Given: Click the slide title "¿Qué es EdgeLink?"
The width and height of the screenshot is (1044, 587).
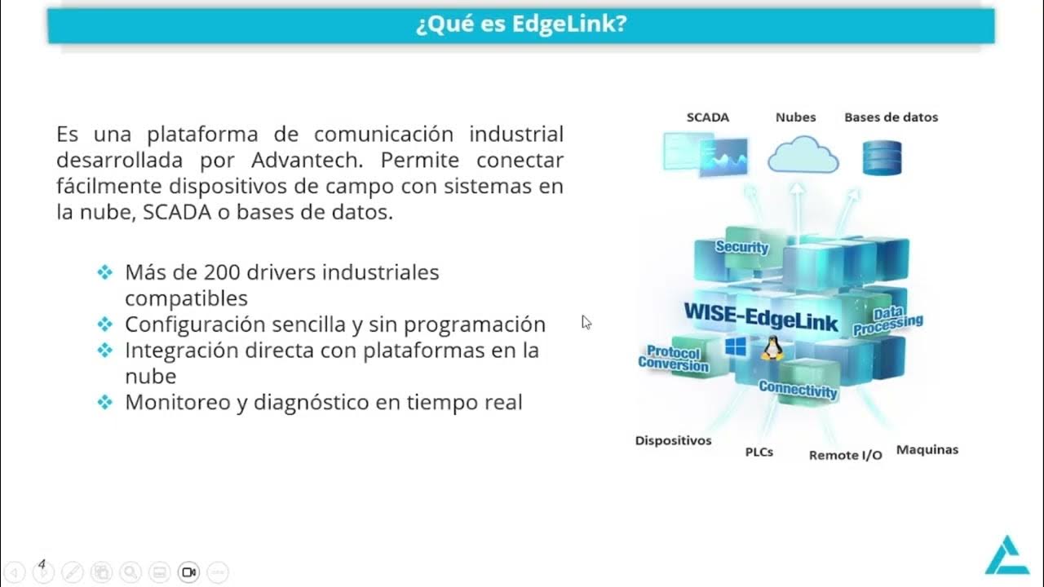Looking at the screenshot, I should [x=521, y=24].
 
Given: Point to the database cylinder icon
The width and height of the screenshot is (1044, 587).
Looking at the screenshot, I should [x=882, y=158].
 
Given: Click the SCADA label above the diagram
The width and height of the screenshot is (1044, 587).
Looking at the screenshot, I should [x=707, y=117].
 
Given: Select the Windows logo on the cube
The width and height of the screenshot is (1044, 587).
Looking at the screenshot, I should [x=736, y=347].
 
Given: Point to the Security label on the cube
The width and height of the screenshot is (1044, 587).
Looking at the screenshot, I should [x=742, y=247].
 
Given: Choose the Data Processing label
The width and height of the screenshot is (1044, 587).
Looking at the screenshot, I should [x=888, y=322].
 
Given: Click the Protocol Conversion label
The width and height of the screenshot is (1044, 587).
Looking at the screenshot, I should [x=673, y=360].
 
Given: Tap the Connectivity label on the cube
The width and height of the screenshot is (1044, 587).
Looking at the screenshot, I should [x=798, y=390].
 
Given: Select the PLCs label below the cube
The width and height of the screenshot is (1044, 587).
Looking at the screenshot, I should [x=759, y=452].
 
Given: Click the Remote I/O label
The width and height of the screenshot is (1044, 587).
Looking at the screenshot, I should [x=845, y=455].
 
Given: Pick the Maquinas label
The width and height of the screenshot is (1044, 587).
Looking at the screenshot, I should [x=927, y=450].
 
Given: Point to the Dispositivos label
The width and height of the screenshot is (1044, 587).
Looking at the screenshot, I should [x=673, y=441].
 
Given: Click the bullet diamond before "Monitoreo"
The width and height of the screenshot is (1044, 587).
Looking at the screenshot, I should [x=104, y=402].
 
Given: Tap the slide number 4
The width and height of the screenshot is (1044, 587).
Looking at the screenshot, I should [x=42, y=563].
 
